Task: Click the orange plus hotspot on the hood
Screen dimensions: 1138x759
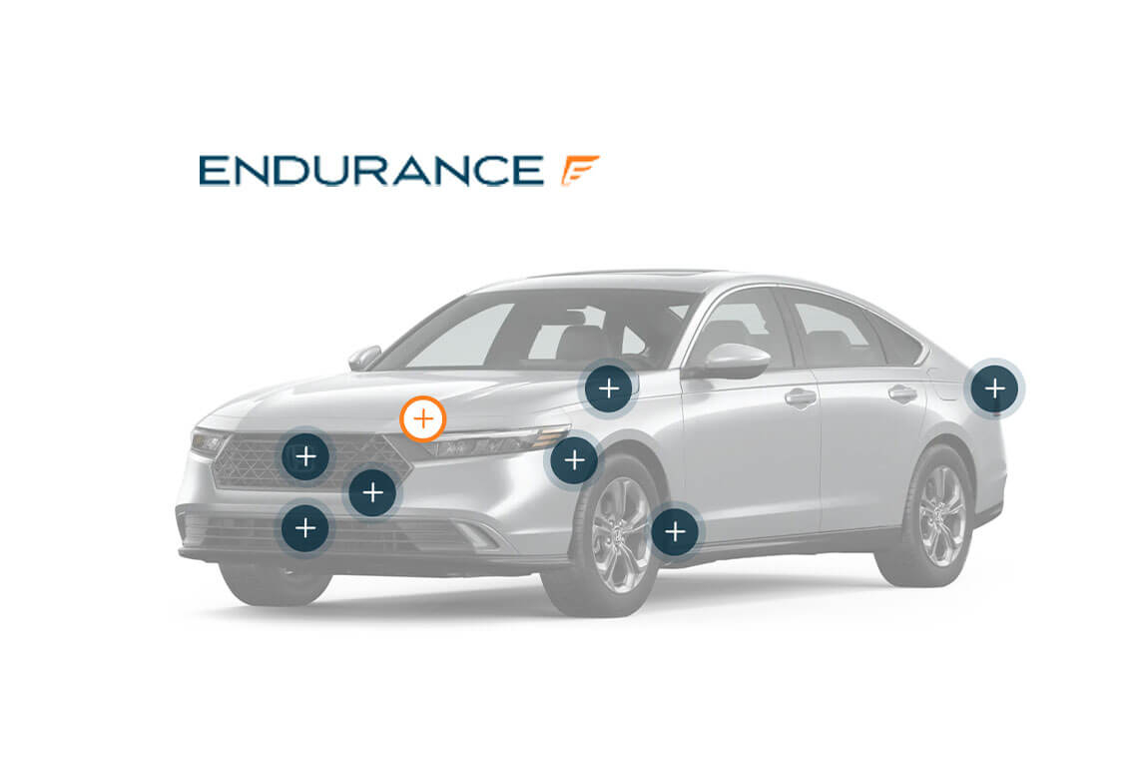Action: coord(422,419)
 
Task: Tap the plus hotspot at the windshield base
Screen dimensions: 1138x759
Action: coord(609,388)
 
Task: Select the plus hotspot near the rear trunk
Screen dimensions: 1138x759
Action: coord(995,388)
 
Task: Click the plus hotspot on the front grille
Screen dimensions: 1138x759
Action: coord(305,456)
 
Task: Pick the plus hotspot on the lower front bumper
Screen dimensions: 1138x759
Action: coord(305,528)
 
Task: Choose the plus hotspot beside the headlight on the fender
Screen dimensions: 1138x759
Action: coord(574,459)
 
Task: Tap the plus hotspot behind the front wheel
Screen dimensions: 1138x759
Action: coord(675,532)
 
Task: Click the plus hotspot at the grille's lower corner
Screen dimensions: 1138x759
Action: coord(372,492)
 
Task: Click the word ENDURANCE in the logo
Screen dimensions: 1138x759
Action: coord(371,171)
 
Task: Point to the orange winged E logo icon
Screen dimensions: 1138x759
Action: coord(579,170)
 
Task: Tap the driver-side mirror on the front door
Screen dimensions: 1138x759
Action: coord(733,361)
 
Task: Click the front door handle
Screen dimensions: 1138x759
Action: coord(801,396)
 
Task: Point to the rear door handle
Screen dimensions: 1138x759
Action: coord(902,392)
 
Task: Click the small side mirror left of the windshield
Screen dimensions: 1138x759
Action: coord(363,357)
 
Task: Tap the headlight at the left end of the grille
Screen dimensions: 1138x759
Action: coord(209,441)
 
